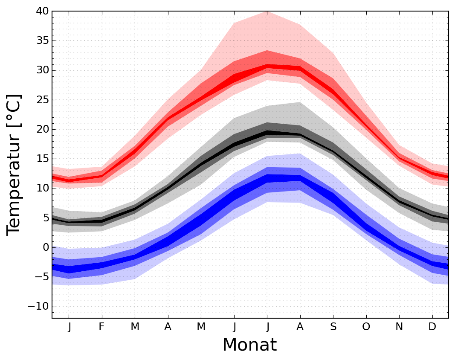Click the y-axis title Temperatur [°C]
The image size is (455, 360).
pos(14,164)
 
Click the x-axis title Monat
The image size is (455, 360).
pos(249,345)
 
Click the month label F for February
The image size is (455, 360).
pos(102,327)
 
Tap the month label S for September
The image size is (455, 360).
pos(333,327)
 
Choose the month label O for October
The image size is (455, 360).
pos(366,327)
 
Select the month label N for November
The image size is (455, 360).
pos(400,327)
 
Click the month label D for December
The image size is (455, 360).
pos(432,327)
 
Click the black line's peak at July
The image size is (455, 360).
pos(267,133)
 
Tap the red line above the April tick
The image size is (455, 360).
pos(168,119)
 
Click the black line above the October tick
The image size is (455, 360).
pos(366,177)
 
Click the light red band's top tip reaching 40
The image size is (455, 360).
pos(267,12)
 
